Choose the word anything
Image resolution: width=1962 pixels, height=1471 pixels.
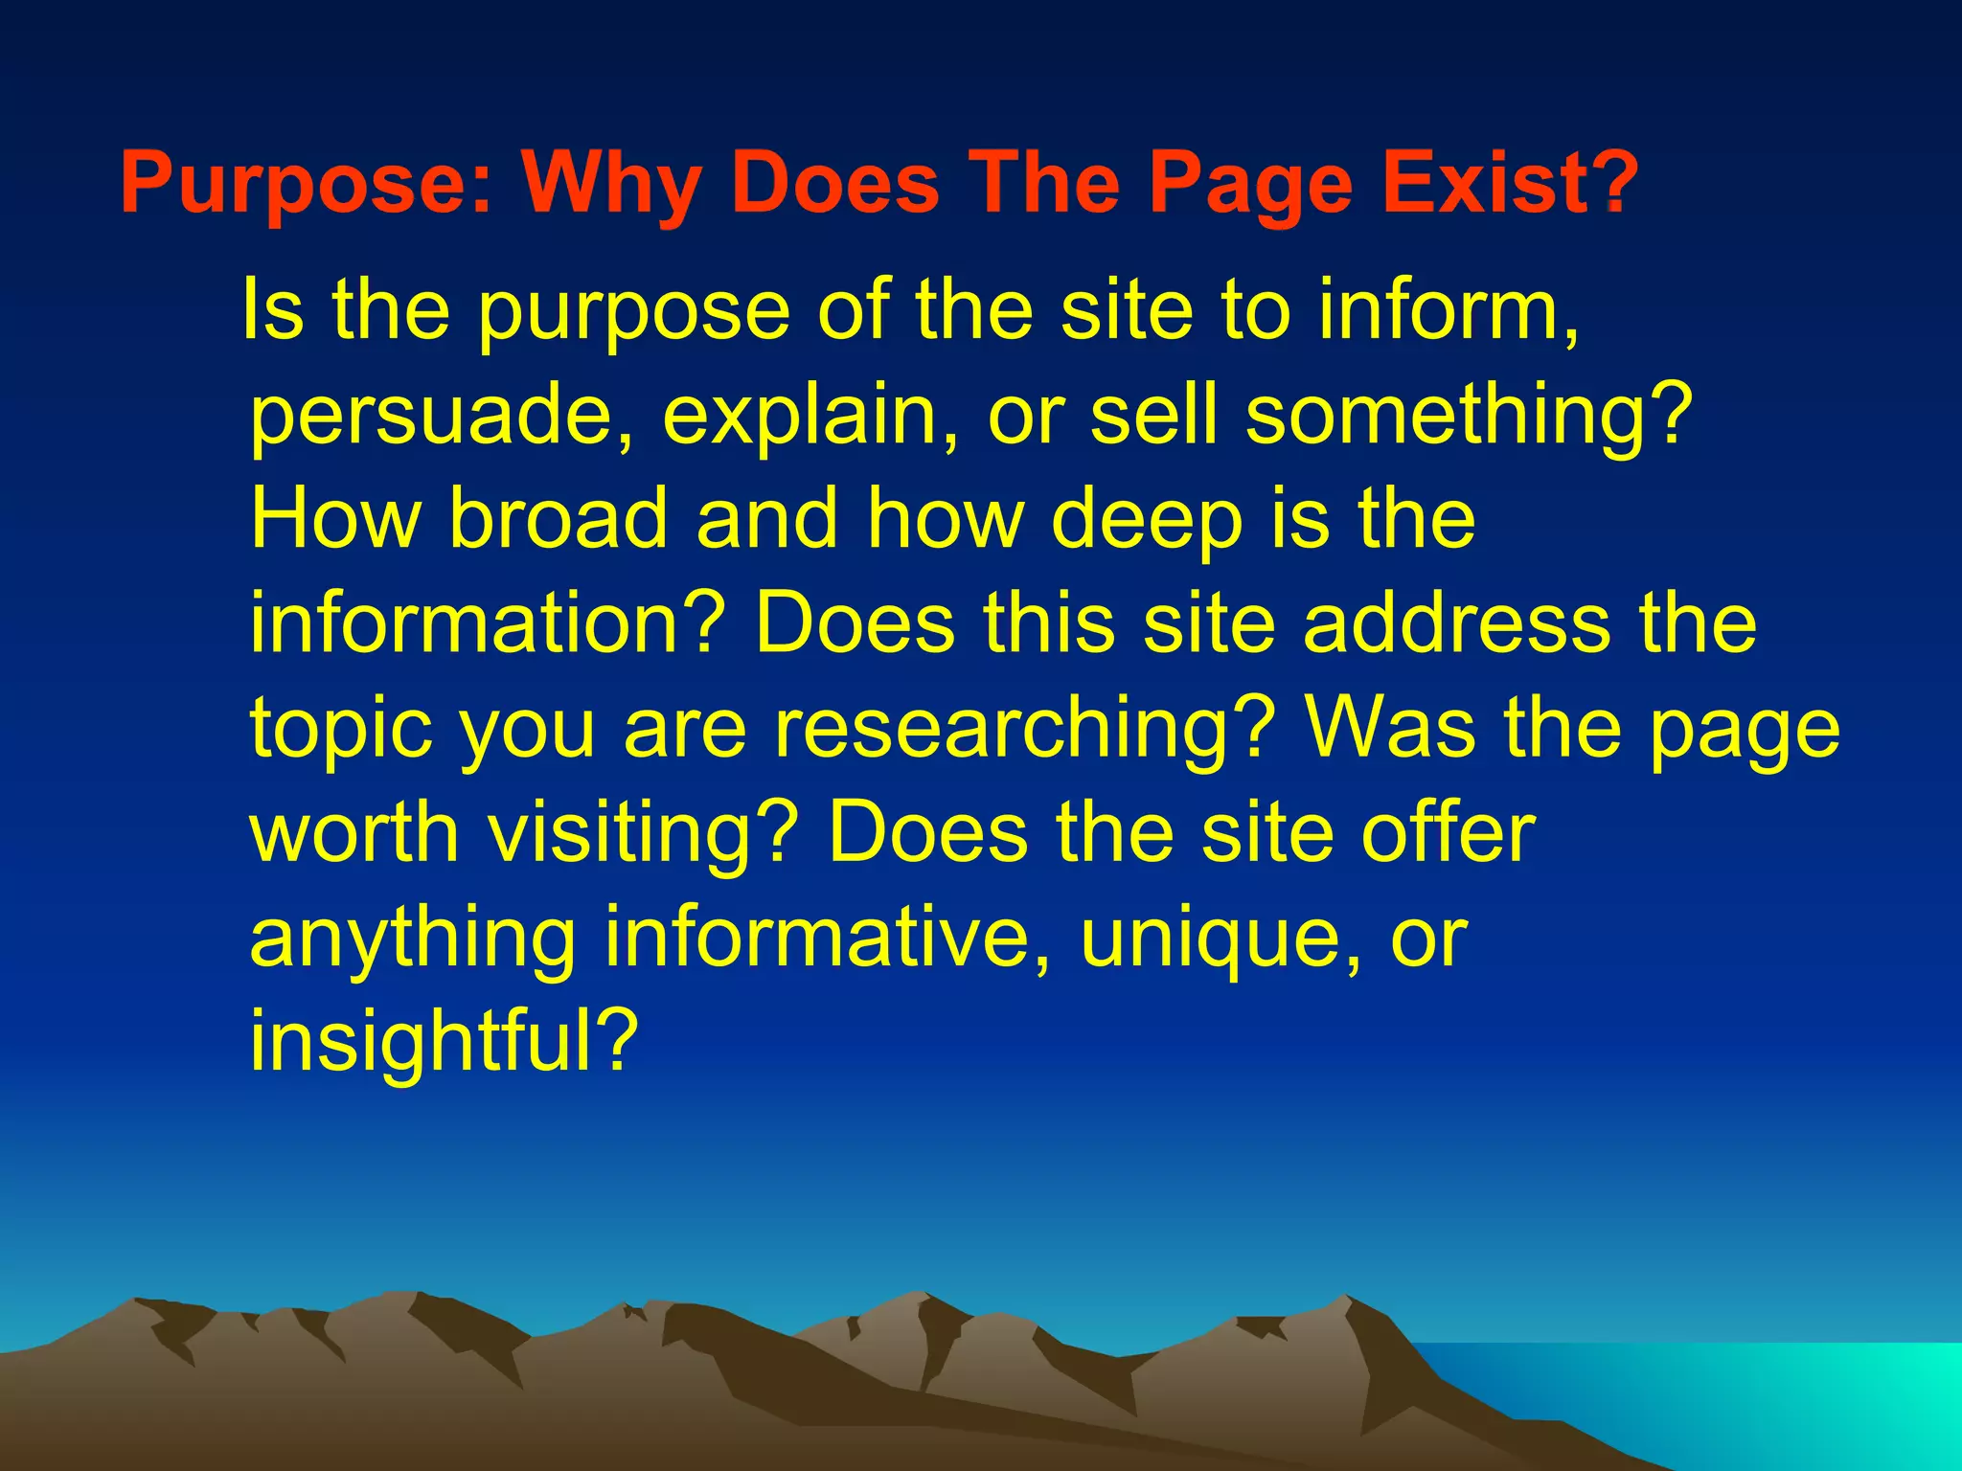[x=413, y=940]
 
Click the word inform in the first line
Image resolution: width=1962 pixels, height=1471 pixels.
[x=1448, y=310]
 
